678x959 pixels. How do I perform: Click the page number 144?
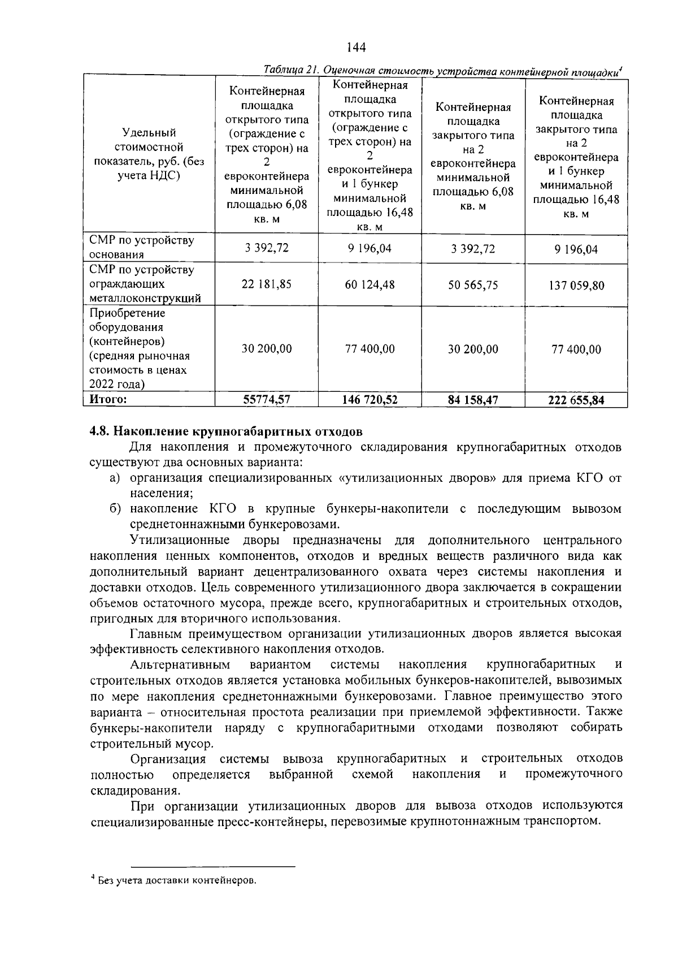coord(356,47)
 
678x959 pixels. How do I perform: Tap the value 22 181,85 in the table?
coord(267,284)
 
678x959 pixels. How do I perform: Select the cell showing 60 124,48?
coord(370,284)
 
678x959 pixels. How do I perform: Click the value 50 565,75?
coord(473,285)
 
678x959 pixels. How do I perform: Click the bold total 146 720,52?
coord(370,400)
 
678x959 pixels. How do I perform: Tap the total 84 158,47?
coord(473,400)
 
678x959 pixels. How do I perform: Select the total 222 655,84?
coord(576,400)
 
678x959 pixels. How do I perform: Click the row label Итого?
coord(108,399)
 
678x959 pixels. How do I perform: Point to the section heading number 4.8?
coord(101,432)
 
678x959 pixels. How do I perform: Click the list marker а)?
coord(115,478)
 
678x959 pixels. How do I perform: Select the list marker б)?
coord(115,509)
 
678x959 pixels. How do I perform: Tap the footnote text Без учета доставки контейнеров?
coord(177,880)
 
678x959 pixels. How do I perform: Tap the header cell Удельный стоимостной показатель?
coord(149,154)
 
